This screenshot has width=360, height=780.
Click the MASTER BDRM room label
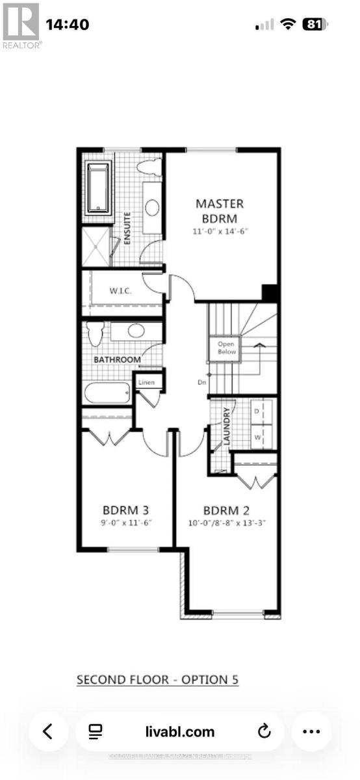pyautogui.click(x=220, y=211)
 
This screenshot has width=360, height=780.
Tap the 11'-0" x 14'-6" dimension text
pyautogui.click(x=220, y=231)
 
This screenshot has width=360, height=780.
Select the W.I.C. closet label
pyautogui.click(x=120, y=291)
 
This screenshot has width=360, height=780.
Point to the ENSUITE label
pyautogui.click(x=129, y=227)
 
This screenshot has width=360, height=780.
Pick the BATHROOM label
pyautogui.click(x=117, y=359)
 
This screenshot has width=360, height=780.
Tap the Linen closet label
pyautogui.click(x=146, y=383)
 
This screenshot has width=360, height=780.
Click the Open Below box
pyautogui.click(x=225, y=348)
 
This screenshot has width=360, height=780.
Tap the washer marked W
pyautogui.click(x=257, y=437)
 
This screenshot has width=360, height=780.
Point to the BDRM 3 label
pyautogui.click(x=126, y=510)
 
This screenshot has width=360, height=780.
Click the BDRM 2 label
pyautogui.click(x=226, y=510)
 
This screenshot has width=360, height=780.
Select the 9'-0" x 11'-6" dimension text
pyautogui.click(x=126, y=523)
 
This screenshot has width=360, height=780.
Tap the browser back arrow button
pyautogui.click(x=47, y=731)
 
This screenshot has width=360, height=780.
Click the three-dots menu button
pyautogui.click(x=312, y=731)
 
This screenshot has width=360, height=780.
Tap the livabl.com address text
pyautogui.click(x=179, y=732)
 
